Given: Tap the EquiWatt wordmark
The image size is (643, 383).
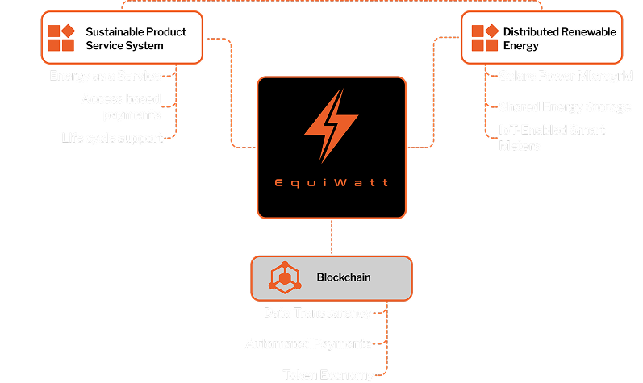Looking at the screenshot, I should point(331,183).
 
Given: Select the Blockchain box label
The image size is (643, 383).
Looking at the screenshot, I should point(344,277).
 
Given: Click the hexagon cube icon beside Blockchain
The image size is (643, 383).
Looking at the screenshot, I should point(284,277).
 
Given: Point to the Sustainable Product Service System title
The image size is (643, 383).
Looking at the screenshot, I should point(136,39).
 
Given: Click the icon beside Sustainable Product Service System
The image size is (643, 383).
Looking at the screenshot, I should point(61,38).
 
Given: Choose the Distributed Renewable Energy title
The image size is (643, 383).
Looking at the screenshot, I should point(559,39).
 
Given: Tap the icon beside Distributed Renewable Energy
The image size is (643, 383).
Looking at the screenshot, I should point(485,38).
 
